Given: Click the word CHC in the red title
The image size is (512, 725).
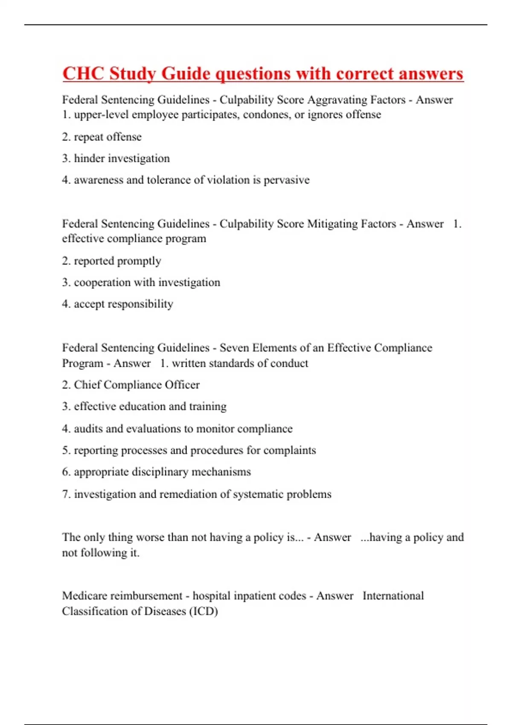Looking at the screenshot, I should click(x=83, y=73).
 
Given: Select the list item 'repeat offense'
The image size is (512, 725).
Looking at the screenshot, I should click(x=108, y=137).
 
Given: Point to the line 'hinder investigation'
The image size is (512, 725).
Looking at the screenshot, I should click(x=122, y=159).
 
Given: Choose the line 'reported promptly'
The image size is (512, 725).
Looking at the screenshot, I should click(x=117, y=261).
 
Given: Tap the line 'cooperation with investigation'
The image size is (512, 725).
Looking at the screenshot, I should click(x=147, y=282).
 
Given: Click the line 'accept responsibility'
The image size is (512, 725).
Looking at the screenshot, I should click(x=123, y=304).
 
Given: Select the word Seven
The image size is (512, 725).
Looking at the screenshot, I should click(x=234, y=348).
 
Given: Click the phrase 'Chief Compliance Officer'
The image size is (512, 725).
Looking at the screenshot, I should click(x=137, y=385).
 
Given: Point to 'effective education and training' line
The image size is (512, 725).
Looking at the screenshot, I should click(x=150, y=406).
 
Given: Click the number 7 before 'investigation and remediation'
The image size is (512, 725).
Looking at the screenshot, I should click(x=65, y=494).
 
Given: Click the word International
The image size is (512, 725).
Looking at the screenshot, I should click(x=393, y=596).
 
